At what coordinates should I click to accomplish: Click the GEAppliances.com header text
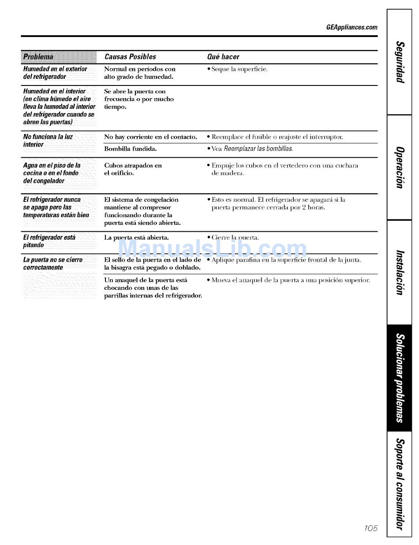coord(352,27)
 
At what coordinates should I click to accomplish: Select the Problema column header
coord(38,57)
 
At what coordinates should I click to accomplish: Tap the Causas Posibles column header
coord(130,57)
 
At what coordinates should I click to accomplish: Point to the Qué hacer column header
coord(223,57)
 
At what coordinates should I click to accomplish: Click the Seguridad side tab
coord(400,64)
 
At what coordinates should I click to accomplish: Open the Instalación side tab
coord(400,272)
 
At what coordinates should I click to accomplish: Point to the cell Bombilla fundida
coord(130,149)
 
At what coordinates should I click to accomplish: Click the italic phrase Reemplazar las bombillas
coord(258,149)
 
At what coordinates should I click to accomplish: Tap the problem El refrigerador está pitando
coord(49,241)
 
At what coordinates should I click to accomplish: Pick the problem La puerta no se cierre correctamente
coord(52,264)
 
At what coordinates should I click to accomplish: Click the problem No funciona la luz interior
coord(48,141)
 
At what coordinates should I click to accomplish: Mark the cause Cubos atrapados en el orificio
coord(133,169)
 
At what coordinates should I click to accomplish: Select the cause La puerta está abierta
coord(136,237)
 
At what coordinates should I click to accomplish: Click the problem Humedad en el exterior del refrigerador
coord(55,73)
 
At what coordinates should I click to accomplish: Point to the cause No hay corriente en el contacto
coord(150,137)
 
